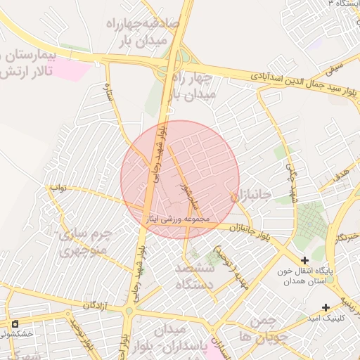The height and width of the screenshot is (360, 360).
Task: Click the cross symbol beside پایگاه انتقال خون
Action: tap(304, 261)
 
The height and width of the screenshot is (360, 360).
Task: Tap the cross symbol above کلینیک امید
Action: tap(326, 307)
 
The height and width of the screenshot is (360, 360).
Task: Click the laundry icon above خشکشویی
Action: tap(15, 323)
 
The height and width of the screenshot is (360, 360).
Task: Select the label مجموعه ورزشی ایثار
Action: tap(176, 219)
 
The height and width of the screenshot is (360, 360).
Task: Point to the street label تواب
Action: tap(56, 188)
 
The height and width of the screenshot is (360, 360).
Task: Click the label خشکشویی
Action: tap(15, 335)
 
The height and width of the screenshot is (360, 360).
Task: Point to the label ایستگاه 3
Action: tap(337, 4)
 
